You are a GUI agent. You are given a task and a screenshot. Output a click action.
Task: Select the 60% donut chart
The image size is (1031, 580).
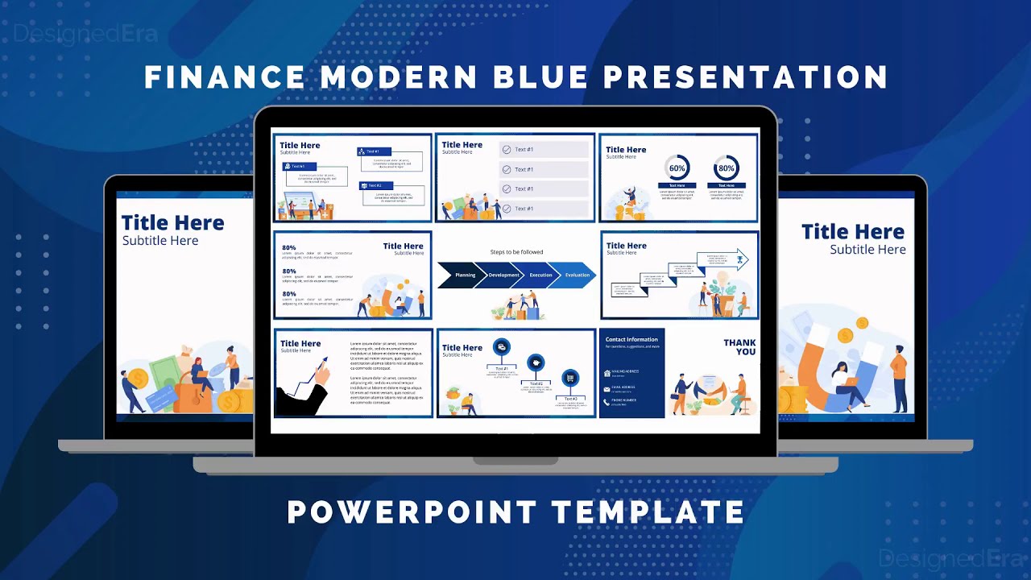(x=677, y=168)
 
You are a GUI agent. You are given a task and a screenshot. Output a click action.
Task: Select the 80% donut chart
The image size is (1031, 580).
(x=726, y=168)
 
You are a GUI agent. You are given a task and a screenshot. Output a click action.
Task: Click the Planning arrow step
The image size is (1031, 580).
(x=462, y=275)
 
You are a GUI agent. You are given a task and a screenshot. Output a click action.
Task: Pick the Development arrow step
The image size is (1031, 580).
(x=503, y=275)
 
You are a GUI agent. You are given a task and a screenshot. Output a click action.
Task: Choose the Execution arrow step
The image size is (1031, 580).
(x=540, y=275)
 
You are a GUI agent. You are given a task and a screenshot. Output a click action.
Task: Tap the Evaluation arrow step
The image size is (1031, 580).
(x=577, y=275)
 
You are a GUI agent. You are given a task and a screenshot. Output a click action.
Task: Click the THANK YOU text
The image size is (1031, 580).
(x=739, y=347)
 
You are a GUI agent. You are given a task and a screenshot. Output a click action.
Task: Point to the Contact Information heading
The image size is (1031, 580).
(x=631, y=339)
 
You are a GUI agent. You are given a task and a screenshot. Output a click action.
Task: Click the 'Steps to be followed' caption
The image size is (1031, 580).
(x=516, y=252)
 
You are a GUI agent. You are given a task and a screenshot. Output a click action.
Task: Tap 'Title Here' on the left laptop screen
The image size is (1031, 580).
(x=172, y=222)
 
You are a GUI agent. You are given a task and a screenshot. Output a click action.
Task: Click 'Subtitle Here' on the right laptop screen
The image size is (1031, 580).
(x=867, y=250)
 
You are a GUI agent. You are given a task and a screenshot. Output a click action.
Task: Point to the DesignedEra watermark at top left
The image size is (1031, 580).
(x=85, y=34)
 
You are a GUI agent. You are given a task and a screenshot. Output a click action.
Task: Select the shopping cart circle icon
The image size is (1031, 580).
(x=570, y=378)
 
